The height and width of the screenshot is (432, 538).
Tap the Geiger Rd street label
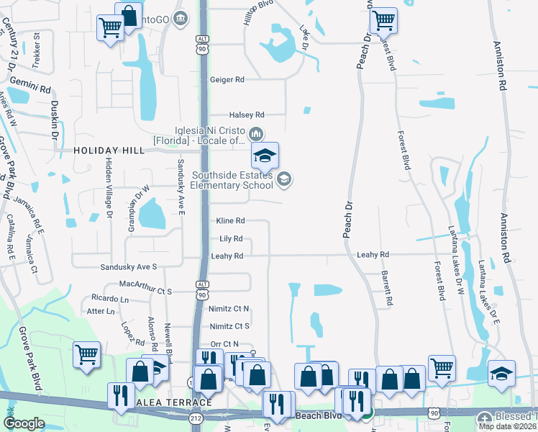[x=227, y=80]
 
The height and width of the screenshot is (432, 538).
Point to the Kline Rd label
[x=230, y=221]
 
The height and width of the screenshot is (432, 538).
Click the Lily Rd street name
[x=230, y=238]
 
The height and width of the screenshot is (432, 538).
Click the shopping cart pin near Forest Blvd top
[x=383, y=21]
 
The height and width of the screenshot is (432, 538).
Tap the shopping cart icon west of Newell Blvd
[x=86, y=354]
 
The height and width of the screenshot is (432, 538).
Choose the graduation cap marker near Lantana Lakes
[x=501, y=373]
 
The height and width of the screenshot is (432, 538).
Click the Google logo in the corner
[x=24, y=423]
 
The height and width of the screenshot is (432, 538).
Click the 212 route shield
[x=196, y=417]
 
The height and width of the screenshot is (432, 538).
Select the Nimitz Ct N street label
[x=229, y=309]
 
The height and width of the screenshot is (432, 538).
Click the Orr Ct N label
[x=224, y=344]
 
